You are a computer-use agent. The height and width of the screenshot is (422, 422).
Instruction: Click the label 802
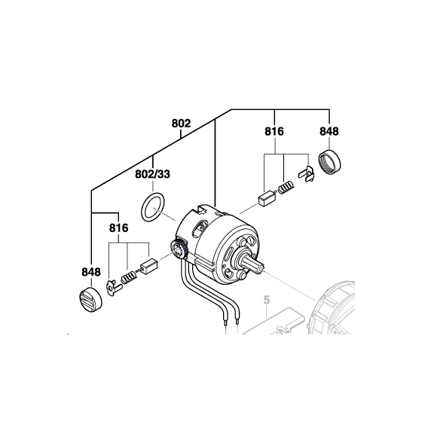click(181, 123)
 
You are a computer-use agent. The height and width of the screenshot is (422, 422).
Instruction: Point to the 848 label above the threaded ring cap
click(329, 131)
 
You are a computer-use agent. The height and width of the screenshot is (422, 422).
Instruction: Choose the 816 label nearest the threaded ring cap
click(274, 131)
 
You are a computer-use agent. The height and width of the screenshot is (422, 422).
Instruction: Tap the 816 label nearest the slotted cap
click(119, 227)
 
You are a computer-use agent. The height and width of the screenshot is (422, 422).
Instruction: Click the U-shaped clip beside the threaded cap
click(304, 172)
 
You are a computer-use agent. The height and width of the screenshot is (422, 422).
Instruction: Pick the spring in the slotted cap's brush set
click(129, 276)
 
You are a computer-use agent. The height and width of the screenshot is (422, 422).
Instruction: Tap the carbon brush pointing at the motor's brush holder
click(148, 265)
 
